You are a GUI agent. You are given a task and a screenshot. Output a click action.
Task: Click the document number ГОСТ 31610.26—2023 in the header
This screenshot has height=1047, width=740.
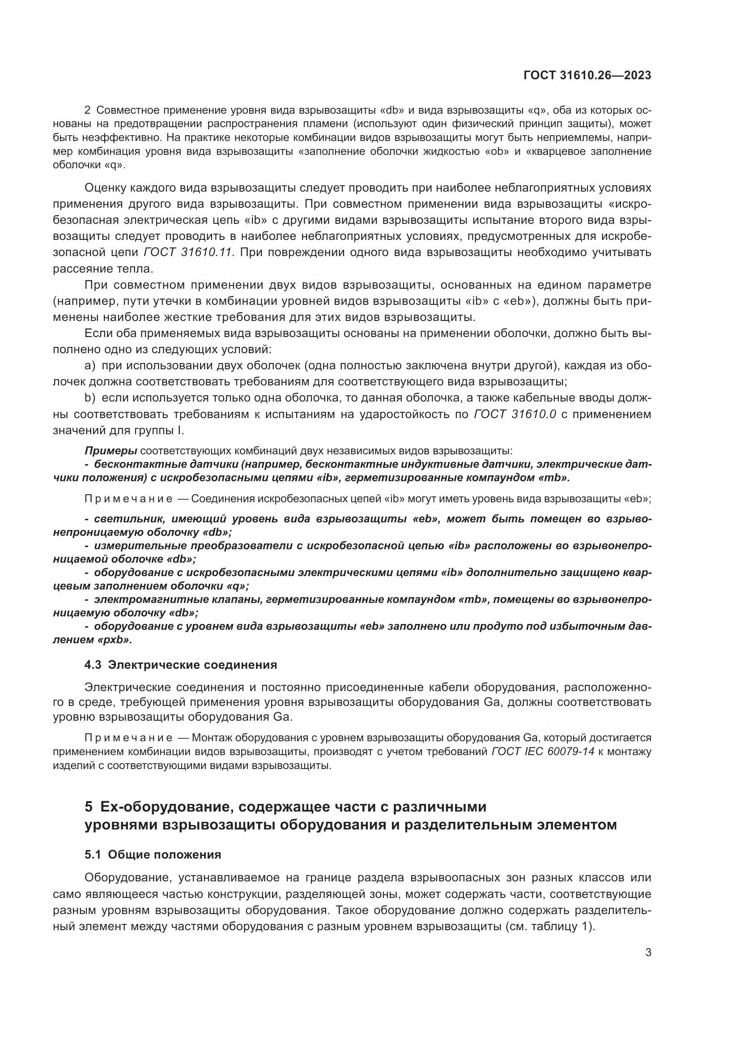tap(587, 75)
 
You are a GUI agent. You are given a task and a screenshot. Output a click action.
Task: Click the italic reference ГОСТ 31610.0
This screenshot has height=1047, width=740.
tap(515, 414)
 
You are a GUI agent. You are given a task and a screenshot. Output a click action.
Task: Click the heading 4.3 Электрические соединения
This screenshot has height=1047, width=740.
tap(180, 664)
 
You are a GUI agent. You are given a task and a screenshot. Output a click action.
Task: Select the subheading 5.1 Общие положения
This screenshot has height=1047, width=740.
tap(153, 855)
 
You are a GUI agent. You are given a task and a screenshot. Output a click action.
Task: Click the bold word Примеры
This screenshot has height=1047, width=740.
tap(111, 451)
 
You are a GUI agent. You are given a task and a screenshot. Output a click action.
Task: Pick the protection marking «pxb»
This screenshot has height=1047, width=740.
tap(115, 640)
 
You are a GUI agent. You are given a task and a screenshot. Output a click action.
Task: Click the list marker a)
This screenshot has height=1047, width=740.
tap(90, 366)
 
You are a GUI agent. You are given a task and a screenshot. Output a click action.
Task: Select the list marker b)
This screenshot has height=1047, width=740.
tap(90, 397)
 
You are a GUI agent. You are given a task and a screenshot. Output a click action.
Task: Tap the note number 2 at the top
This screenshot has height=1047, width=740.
tap(88, 111)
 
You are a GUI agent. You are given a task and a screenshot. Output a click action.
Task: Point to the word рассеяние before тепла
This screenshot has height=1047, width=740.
tap(83, 269)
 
